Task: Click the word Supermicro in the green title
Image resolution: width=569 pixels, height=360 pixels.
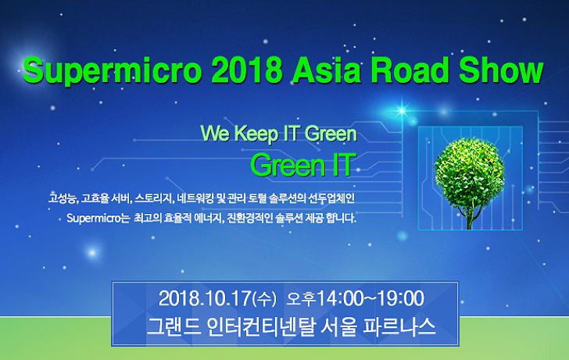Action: tap(112, 71)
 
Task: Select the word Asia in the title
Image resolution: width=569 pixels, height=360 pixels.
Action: tap(326, 70)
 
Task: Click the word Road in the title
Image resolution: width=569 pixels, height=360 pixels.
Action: tap(410, 70)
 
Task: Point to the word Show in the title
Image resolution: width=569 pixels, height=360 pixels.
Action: tap(501, 70)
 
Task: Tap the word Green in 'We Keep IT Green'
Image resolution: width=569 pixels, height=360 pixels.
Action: tap(331, 134)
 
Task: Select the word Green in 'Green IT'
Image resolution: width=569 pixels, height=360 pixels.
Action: tap(288, 165)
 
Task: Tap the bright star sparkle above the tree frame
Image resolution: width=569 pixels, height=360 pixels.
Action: tap(402, 110)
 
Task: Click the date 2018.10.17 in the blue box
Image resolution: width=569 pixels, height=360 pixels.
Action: tap(205, 299)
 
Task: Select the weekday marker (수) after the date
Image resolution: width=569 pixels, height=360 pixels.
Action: tap(264, 299)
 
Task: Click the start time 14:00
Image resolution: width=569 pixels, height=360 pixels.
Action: tap(341, 299)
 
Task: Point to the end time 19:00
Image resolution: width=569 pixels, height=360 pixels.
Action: tap(401, 299)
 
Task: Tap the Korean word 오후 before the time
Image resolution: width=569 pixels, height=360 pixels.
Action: tap(302, 299)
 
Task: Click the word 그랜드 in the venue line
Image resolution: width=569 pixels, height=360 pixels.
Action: tap(174, 327)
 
